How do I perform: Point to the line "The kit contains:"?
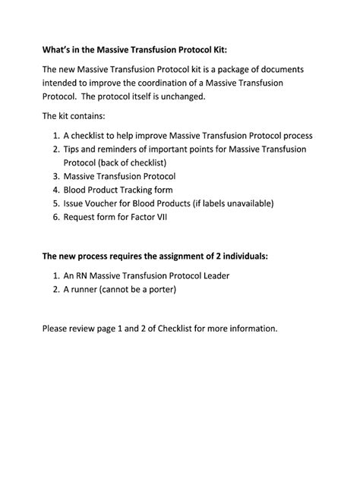tap(74, 117)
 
